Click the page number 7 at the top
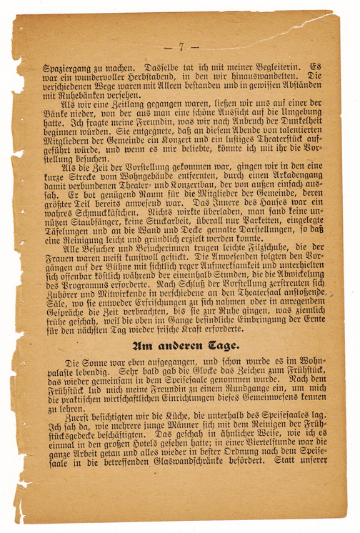pos(181,47)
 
